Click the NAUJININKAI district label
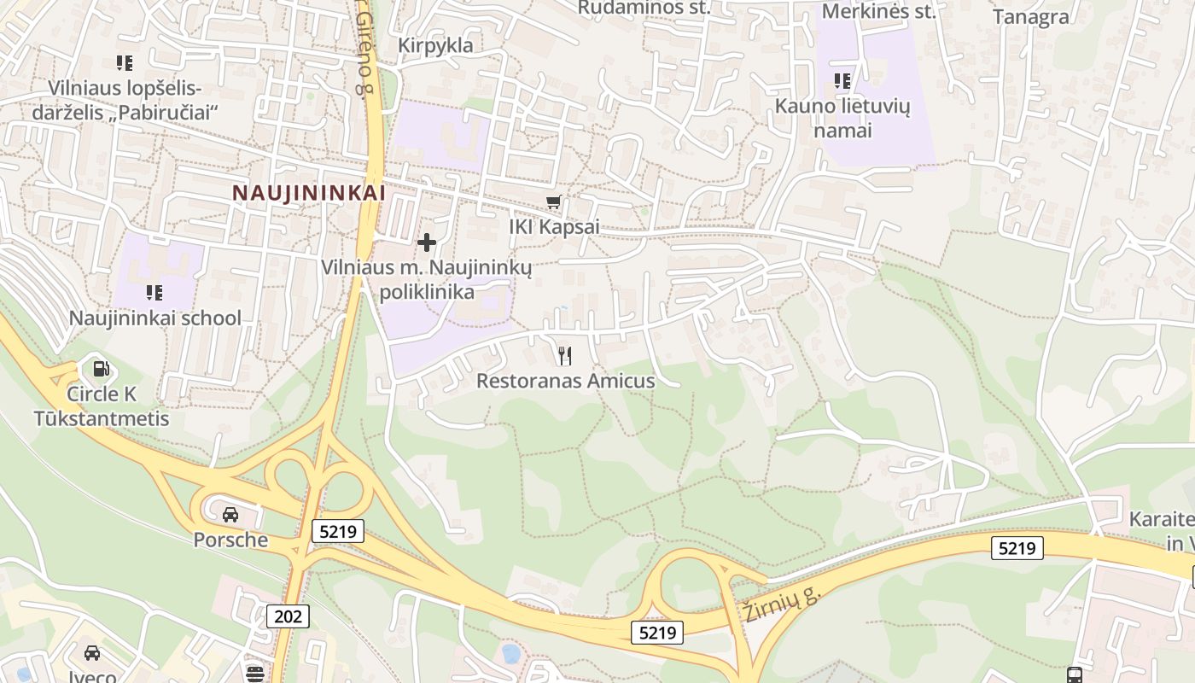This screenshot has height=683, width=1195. coord(309,193)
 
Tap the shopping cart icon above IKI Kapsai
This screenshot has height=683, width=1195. coord(554,202)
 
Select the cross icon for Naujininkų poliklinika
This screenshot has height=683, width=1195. coord(426,243)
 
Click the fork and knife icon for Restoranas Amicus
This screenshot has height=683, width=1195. coord(564,355)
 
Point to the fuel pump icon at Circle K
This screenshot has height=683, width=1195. coord(101,369)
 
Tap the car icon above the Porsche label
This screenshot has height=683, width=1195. coord(230,514)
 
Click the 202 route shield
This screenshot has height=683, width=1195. coord(289,616)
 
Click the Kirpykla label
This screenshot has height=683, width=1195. coord(435,45)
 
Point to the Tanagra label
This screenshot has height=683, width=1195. coord(1031,17)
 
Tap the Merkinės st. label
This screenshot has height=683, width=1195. coord(878,11)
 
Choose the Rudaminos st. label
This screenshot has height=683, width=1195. coord(632,8)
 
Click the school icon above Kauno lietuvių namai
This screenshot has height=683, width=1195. coord(842,81)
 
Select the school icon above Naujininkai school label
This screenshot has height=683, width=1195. coord(154,293)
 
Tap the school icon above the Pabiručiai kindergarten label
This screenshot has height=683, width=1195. coord(125,62)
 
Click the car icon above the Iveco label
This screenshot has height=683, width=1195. coord(92,653)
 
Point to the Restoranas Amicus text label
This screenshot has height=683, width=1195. coord(565,381)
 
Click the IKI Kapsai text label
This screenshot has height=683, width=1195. coord(554,227)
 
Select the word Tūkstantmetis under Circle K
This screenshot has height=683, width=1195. coord(102,418)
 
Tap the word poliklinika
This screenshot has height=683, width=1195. coord(427,292)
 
